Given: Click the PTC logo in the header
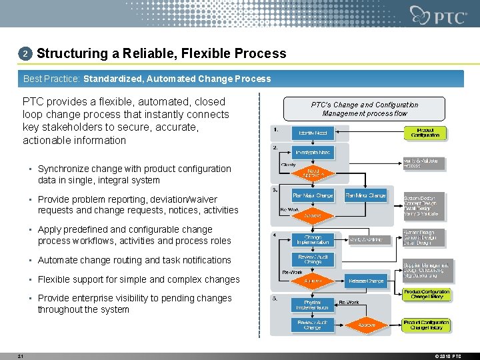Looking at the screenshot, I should [x=439, y=15].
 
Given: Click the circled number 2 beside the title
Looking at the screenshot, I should [x=25, y=53].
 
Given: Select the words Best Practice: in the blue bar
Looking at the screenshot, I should [x=51, y=79].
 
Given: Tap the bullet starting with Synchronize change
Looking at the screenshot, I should [x=134, y=175].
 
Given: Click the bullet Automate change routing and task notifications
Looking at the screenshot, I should [x=134, y=260].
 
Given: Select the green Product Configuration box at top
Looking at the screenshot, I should [x=425, y=132].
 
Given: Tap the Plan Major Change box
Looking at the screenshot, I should [x=313, y=196].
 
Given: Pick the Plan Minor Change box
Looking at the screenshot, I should [x=365, y=196].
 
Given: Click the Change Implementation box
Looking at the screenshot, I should [x=313, y=240].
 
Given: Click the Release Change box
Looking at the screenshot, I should [x=365, y=281].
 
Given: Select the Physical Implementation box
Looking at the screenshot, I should [x=313, y=305].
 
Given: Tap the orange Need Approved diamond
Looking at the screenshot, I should [x=313, y=173].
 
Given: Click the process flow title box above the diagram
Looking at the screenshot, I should [x=364, y=109].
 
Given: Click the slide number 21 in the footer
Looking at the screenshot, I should [x=21, y=356].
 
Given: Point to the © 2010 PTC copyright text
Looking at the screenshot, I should [x=447, y=356].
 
